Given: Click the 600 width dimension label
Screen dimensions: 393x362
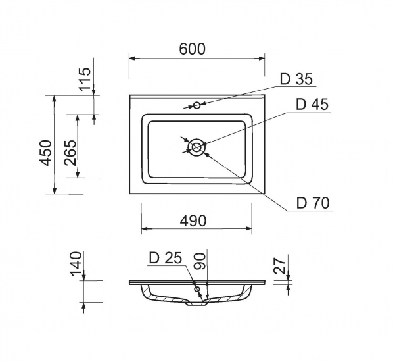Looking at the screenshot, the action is pyautogui.click(x=193, y=49).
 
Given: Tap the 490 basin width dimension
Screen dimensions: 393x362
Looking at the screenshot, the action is pyautogui.click(x=193, y=221).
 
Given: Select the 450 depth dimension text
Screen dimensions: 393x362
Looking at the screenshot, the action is pyautogui.click(x=46, y=153).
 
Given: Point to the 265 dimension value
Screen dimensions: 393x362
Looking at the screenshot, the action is pyautogui.click(x=70, y=153).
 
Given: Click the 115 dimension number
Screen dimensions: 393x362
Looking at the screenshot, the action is pyautogui.click(x=85, y=80).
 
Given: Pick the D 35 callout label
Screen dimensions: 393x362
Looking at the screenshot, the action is pyautogui.click(x=296, y=79).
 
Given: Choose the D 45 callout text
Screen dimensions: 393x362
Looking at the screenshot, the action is pyautogui.click(x=312, y=104).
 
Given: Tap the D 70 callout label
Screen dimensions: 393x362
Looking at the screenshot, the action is pyautogui.click(x=313, y=203).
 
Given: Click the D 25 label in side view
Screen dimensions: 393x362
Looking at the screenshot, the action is pyautogui.click(x=166, y=258).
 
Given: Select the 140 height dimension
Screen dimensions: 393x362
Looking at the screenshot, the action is pyautogui.click(x=76, y=264).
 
